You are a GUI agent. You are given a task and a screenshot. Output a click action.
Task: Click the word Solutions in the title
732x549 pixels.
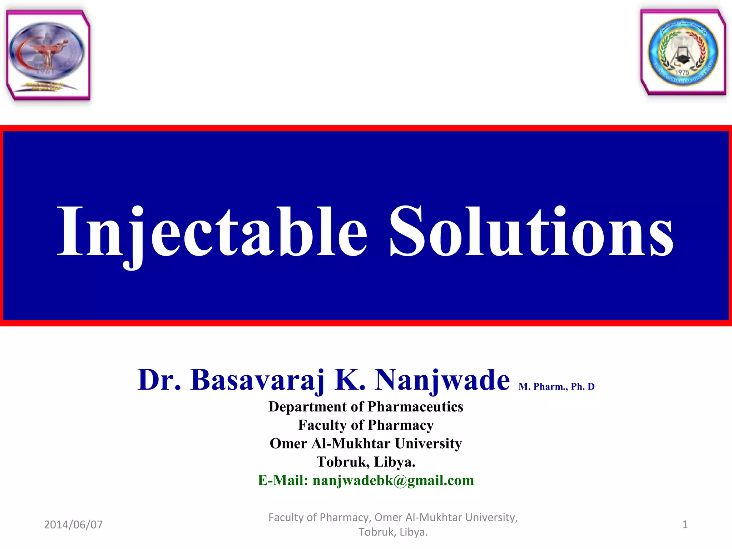(531, 232)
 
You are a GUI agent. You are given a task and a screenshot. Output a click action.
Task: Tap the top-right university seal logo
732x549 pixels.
(683, 52)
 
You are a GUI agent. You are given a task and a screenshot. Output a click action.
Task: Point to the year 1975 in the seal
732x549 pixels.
(682, 73)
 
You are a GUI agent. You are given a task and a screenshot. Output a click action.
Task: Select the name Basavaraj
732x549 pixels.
(257, 380)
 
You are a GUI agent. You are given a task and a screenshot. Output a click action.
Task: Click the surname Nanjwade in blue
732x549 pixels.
(442, 380)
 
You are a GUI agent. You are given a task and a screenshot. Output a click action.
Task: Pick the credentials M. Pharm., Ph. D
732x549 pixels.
(557, 387)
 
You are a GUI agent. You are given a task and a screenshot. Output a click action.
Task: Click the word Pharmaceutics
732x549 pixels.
(415, 407)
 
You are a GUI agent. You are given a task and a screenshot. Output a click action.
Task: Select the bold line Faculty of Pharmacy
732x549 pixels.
(366, 425)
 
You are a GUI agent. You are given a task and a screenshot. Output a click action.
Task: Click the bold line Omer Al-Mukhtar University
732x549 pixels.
(366, 444)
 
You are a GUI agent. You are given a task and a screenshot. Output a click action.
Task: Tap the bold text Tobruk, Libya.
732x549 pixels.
(366, 462)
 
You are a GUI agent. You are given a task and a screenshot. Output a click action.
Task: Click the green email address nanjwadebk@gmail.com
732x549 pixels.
(393, 480)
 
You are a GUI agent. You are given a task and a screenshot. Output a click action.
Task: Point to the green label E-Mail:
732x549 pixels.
(283, 480)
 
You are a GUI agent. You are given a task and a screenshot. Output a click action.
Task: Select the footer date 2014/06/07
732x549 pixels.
(73, 525)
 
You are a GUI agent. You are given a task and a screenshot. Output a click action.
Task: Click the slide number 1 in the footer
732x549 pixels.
(685, 525)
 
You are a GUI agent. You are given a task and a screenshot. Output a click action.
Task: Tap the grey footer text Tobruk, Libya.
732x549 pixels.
(393, 532)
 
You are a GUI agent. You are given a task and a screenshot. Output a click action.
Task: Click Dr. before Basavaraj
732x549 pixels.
(159, 380)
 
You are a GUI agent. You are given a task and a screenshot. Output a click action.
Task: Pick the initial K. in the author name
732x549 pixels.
(350, 380)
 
